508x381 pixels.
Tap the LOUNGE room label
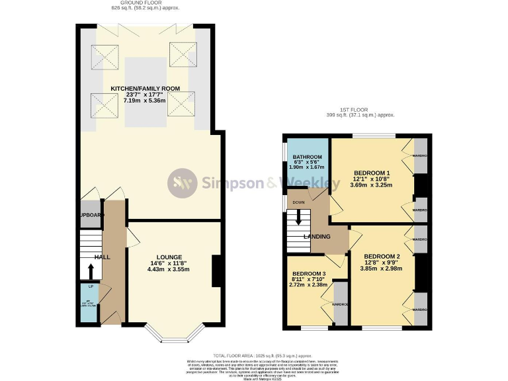[169, 257]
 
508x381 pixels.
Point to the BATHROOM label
[307, 157]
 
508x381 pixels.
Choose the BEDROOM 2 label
[382, 256]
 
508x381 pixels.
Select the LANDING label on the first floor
[317, 237]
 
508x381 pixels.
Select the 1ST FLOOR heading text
[360, 109]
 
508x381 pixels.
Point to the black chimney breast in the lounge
[216, 271]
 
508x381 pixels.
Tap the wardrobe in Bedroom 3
[340, 303]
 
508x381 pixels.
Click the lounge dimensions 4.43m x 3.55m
[169, 269]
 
